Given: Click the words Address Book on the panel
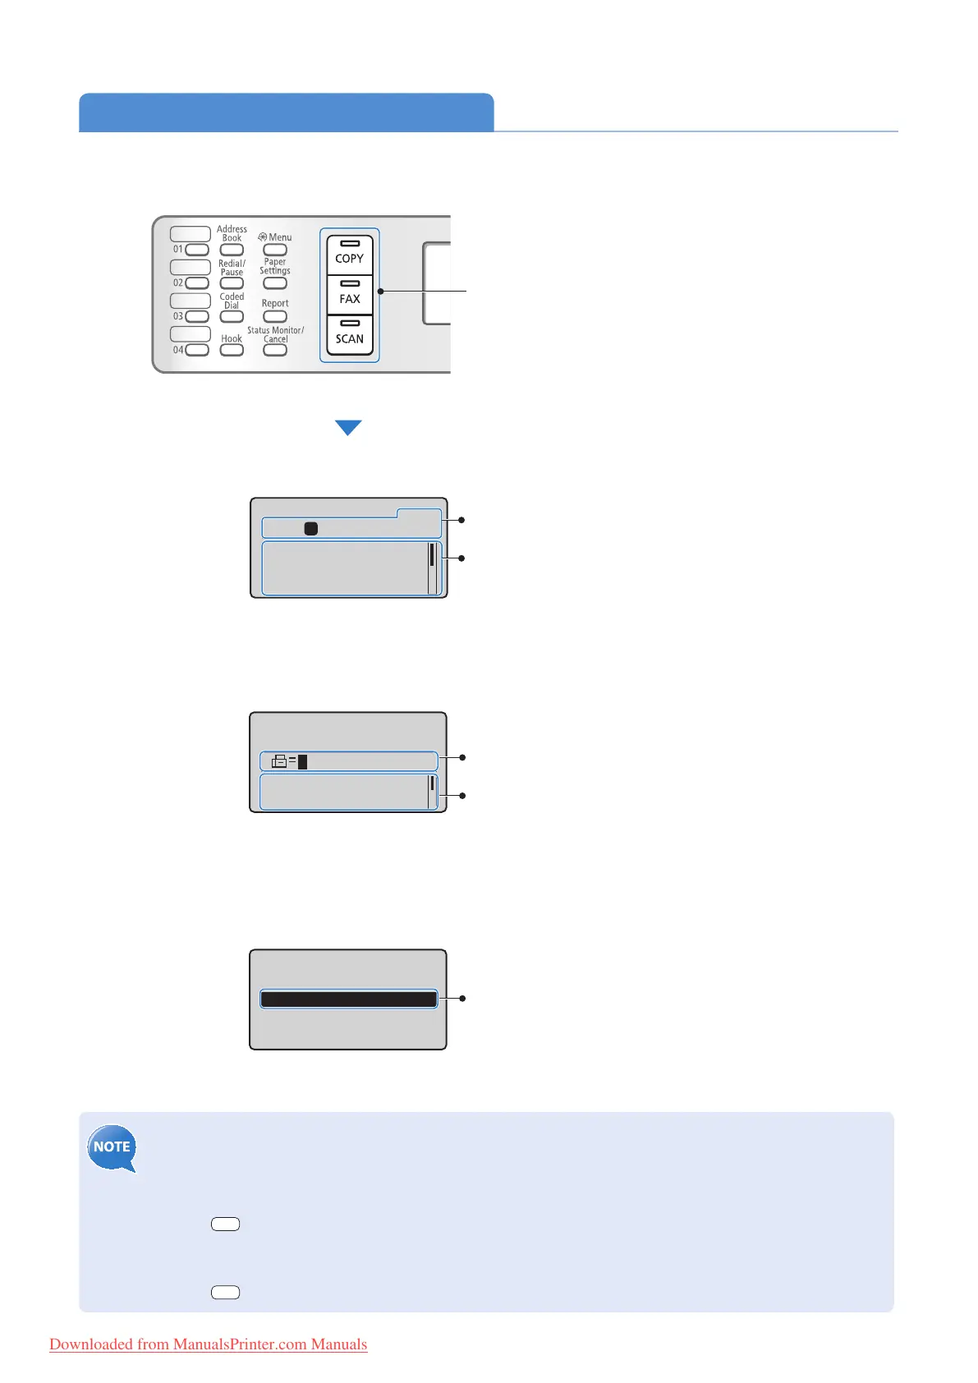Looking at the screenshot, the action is click(232, 233).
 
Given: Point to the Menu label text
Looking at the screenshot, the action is click(279, 237).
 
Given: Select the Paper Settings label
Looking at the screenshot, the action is click(275, 266).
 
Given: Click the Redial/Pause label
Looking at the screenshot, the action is click(232, 268).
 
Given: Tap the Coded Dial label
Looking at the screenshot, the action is click(232, 301).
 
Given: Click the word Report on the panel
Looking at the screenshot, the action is click(275, 303).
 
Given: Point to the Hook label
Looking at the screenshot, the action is click(232, 338).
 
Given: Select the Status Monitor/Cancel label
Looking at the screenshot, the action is click(275, 334).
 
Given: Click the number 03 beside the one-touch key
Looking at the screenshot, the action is click(178, 316).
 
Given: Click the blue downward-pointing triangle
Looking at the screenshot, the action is click(348, 427).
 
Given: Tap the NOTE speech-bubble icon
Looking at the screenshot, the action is click(112, 1147).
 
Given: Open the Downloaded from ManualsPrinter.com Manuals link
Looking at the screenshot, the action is click(209, 1344).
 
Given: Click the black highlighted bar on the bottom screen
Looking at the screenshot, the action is click(348, 999).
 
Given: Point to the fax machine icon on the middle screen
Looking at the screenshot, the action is click(279, 761).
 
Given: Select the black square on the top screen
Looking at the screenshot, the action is click(311, 529).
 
